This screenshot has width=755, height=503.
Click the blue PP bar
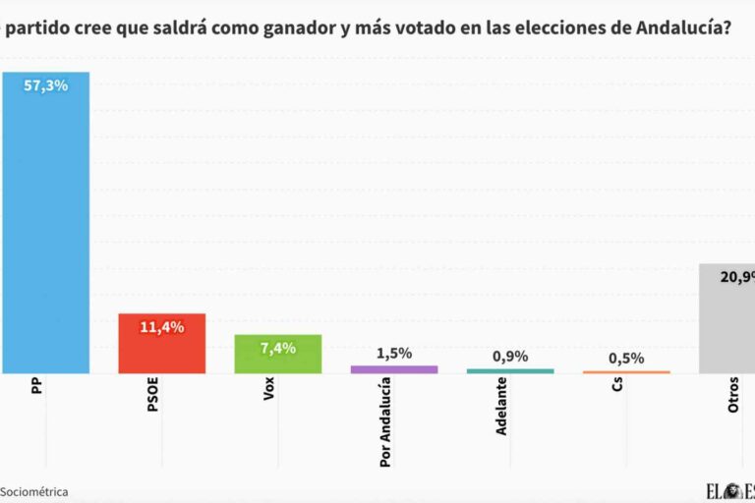45,226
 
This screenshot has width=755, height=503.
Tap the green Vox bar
278,356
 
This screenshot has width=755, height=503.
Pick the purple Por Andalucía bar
394,369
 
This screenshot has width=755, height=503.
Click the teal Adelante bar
510,370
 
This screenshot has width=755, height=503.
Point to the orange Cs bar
626,371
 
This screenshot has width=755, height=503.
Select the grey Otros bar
726,319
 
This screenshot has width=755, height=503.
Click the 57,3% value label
46,86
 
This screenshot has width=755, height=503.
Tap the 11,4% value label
162,327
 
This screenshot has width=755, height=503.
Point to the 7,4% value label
278,348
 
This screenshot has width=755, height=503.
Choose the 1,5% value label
394,354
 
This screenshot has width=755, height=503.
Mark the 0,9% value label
510,357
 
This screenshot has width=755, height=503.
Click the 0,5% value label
626,359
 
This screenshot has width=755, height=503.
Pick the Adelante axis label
501,407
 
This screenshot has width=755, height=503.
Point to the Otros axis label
732,395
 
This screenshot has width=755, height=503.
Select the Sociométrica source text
33,491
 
